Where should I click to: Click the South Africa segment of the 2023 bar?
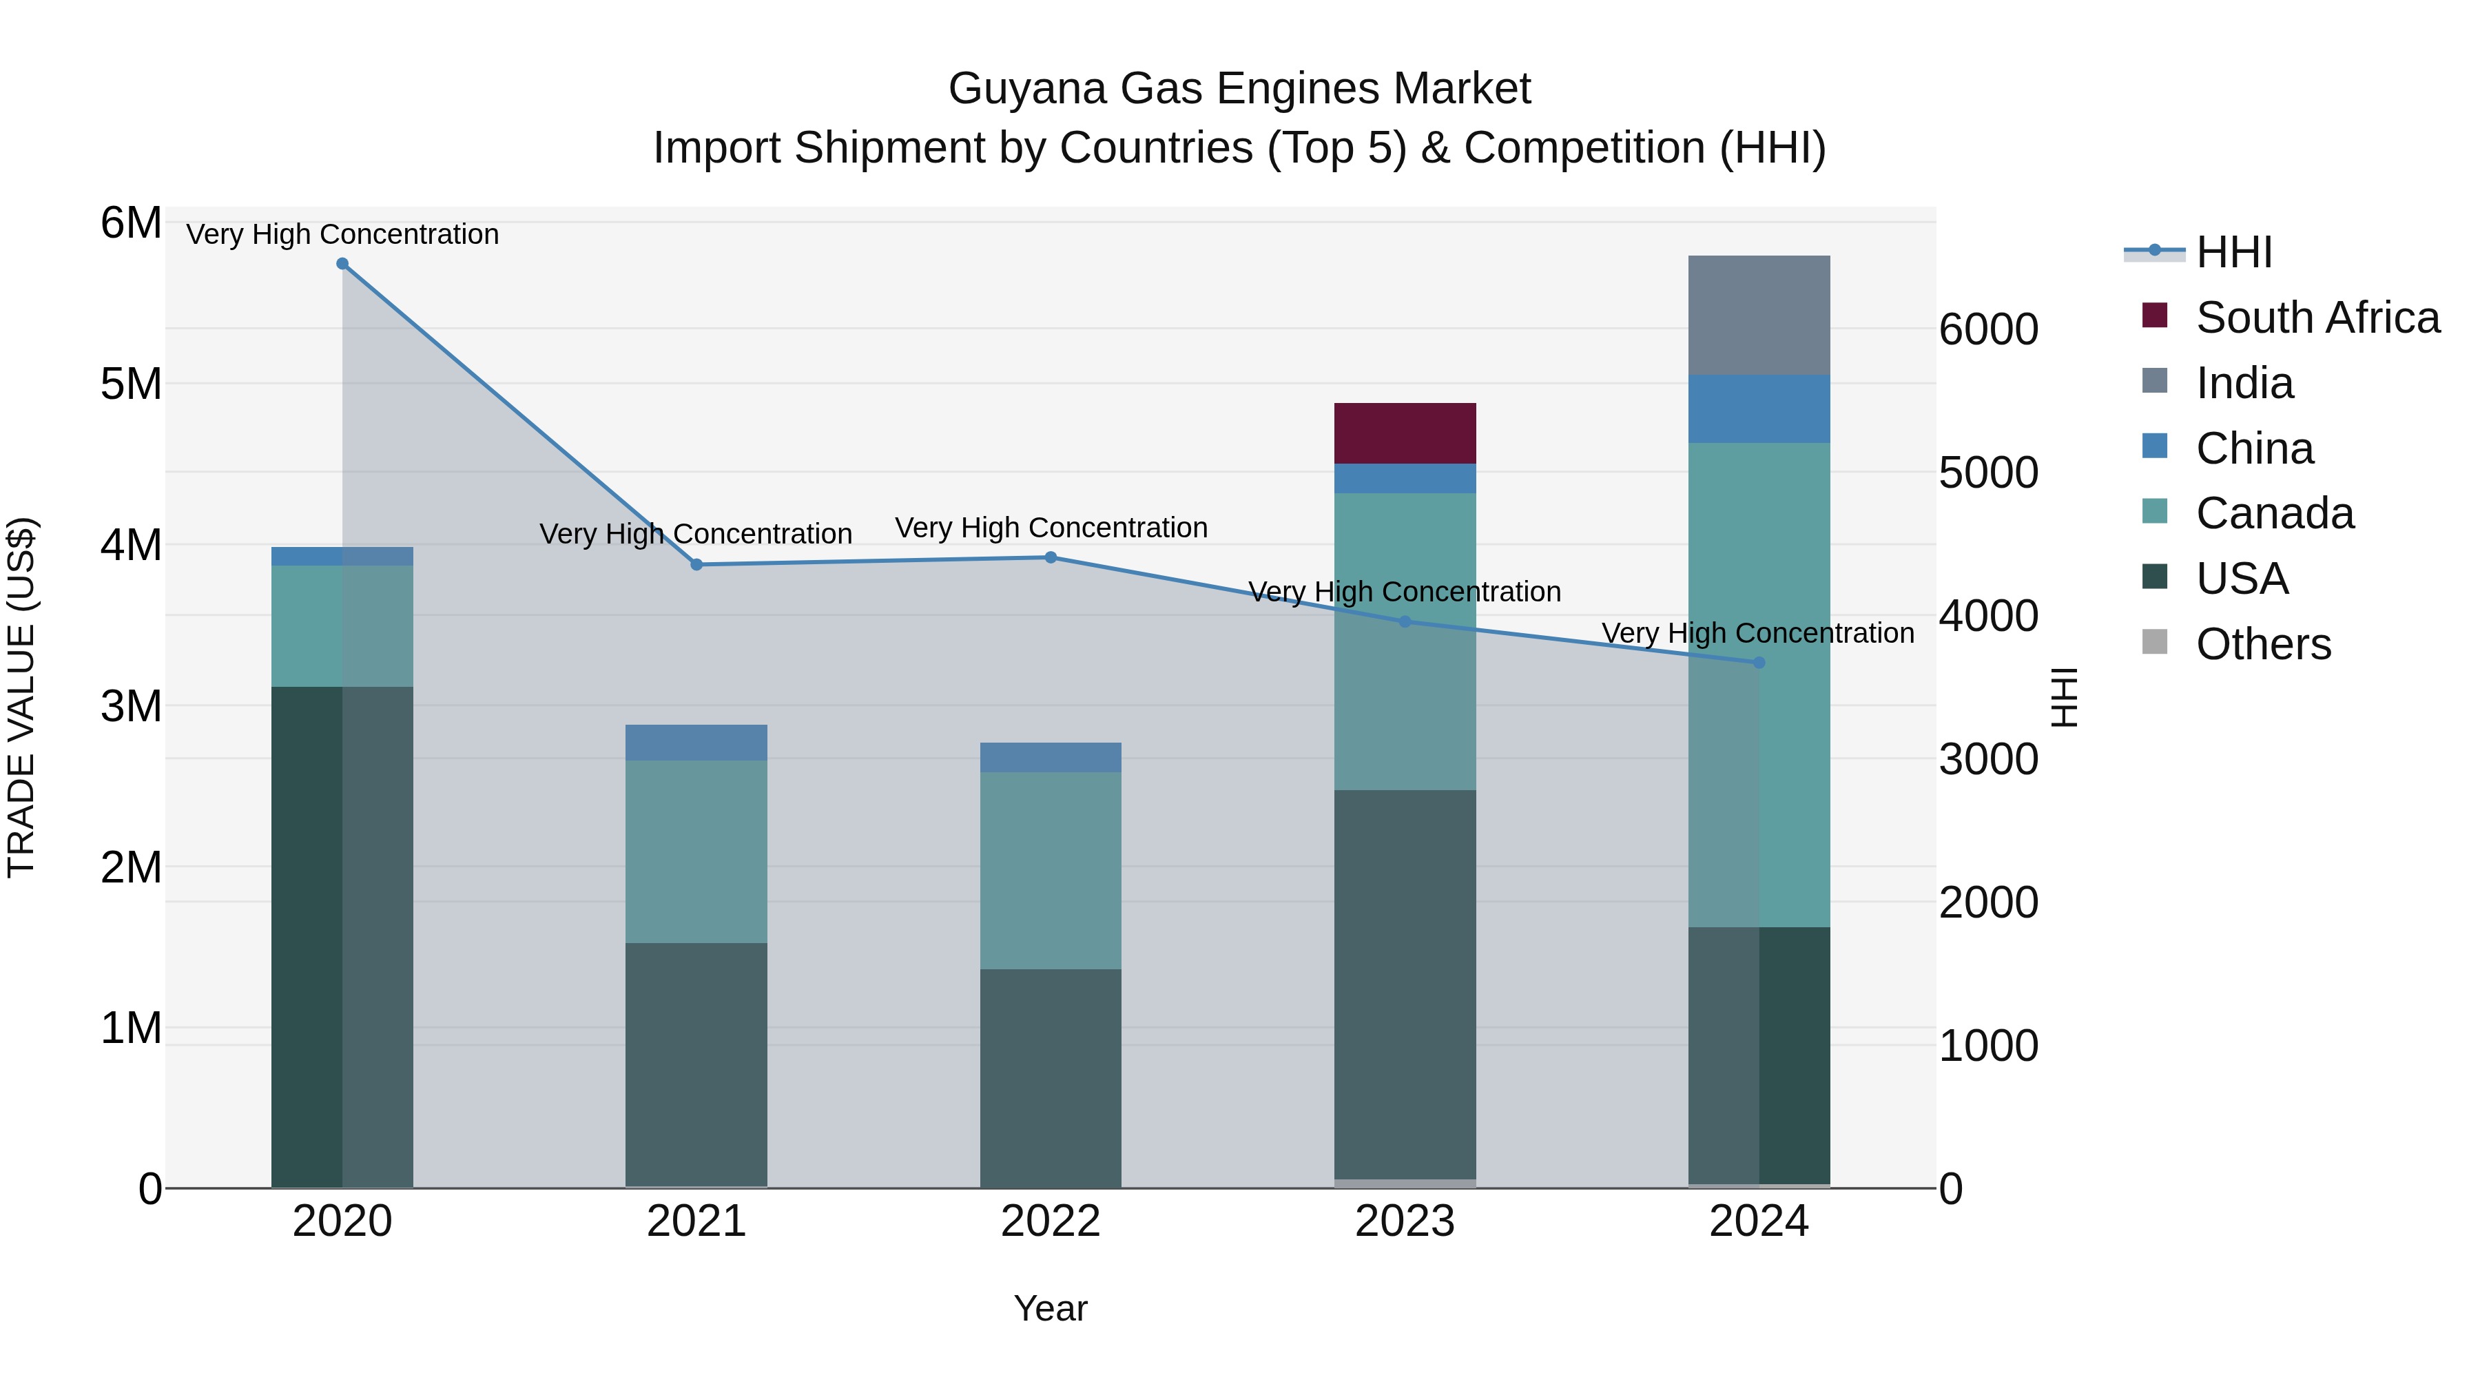pyautogui.click(x=1404, y=433)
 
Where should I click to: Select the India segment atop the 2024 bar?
pyautogui.click(x=1758, y=315)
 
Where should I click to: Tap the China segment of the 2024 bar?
pyautogui.click(x=1758, y=409)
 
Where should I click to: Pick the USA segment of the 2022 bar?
pyautogui.click(x=1051, y=1077)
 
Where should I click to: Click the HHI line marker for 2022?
pyautogui.click(x=1051, y=557)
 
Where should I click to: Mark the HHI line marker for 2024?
pyautogui.click(x=1758, y=662)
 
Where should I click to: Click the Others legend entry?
pyautogui.click(x=2262, y=644)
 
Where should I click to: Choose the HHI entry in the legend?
pyautogui.click(x=2233, y=252)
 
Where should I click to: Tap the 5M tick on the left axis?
pyautogui.click(x=131, y=384)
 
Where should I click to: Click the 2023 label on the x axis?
pyautogui.click(x=1404, y=1221)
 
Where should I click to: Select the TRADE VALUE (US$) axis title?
pyautogui.click(x=21, y=697)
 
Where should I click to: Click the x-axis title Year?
pyautogui.click(x=1051, y=1308)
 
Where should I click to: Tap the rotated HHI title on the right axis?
pyautogui.click(x=2064, y=697)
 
